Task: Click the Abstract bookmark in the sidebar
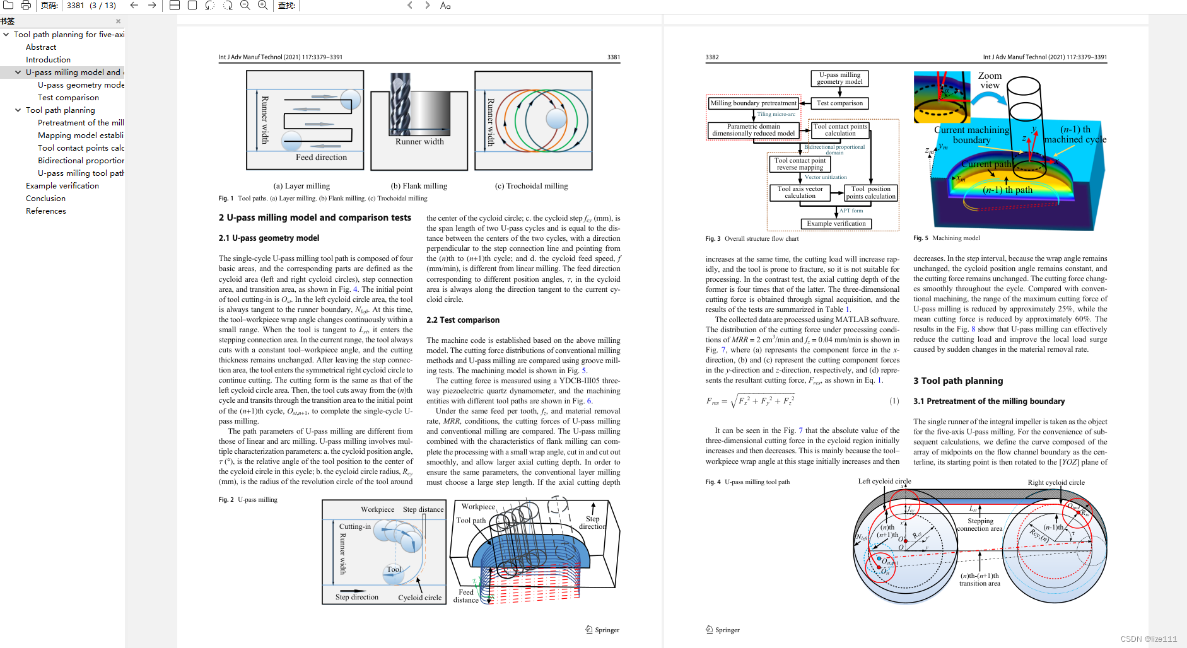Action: tap(41, 47)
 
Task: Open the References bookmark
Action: tap(46, 211)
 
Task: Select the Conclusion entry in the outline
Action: tap(45, 199)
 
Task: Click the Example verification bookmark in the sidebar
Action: tap(62, 186)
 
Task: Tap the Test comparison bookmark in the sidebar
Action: tap(68, 98)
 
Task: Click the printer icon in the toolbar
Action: tap(26, 6)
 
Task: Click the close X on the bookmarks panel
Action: tap(118, 21)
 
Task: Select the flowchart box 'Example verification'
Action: tap(836, 224)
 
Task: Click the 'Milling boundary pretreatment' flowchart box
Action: tap(753, 103)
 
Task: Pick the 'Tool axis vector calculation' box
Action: tap(800, 192)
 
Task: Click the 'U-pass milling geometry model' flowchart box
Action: tap(839, 78)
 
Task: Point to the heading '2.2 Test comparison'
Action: tap(462, 320)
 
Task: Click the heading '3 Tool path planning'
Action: tap(957, 381)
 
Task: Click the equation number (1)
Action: tap(894, 401)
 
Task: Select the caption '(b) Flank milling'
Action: tap(419, 186)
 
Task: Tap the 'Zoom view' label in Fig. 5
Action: tap(990, 80)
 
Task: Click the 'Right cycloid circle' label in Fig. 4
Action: tap(1056, 483)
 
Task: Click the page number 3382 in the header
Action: tap(712, 57)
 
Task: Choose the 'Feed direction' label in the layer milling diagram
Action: tap(321, 158)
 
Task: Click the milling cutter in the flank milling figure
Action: tap(401, 104)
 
